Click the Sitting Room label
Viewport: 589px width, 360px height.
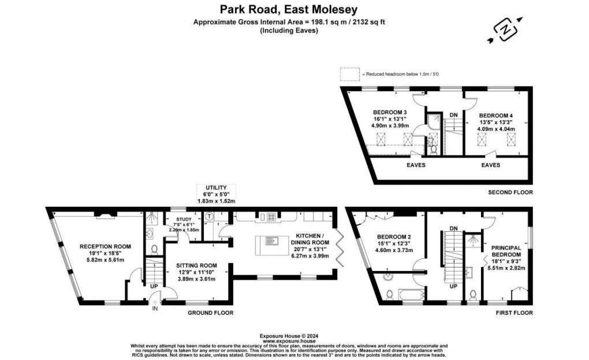pyautogui.click(x=196, y=266)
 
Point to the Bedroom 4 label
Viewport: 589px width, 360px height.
pyautogui.click(x=495, y=116)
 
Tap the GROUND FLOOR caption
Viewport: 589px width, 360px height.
pyautogui.click(x=210, y=313)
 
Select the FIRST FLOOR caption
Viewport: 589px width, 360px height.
pyautogui.click(x=515, y=313)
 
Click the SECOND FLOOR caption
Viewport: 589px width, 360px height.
pyautogui.click(x=510, y=192)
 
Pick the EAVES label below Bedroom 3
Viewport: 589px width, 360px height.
pyautogui.click(x=416, y=165)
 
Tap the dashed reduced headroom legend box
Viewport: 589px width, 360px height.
pyautogui.click(x=349, y=75)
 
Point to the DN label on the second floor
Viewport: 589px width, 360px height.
pyautogui.click(x=454, y=114)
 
